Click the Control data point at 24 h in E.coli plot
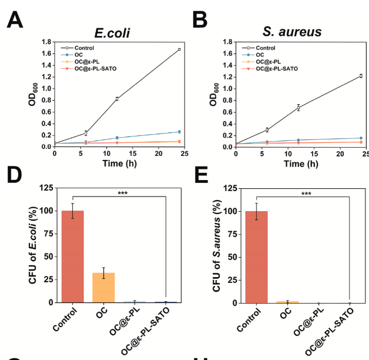(179, 49)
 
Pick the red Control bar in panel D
(73, 256)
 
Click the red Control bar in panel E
(256, 256)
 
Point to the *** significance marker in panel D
(122, 193)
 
